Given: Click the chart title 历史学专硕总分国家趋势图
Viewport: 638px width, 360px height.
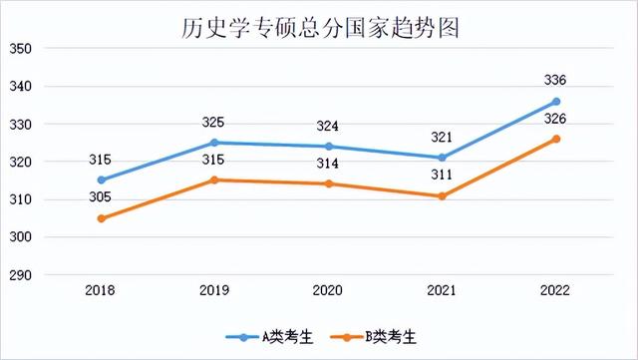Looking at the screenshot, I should [318, 26].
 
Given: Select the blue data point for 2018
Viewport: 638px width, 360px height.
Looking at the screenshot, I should [102, 180].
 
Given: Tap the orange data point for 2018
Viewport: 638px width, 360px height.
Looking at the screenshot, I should [102, 218].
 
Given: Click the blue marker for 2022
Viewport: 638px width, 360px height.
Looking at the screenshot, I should [556, 102].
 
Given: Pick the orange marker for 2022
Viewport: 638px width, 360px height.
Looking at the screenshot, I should [556, 139].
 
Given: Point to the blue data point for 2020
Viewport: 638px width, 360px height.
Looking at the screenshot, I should [329, 147].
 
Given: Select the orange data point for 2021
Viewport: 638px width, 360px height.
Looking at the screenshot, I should [443, 196].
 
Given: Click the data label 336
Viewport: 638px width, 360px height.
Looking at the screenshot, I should [556, 80].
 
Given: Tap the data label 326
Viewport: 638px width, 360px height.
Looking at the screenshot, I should [556, 119].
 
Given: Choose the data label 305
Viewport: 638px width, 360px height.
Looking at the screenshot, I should [102, 197].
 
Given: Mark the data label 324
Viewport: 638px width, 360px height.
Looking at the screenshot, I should [329, 126].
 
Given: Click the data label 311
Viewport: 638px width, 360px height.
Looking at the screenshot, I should [443, 176].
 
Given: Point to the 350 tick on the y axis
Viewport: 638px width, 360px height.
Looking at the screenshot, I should [21, 49].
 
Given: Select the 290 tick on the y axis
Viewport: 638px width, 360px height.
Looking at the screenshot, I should [21, 275].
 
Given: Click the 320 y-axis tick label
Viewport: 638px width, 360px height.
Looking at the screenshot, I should [21, 162].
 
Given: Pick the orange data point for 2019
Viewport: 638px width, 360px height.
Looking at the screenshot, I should [215, 180].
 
